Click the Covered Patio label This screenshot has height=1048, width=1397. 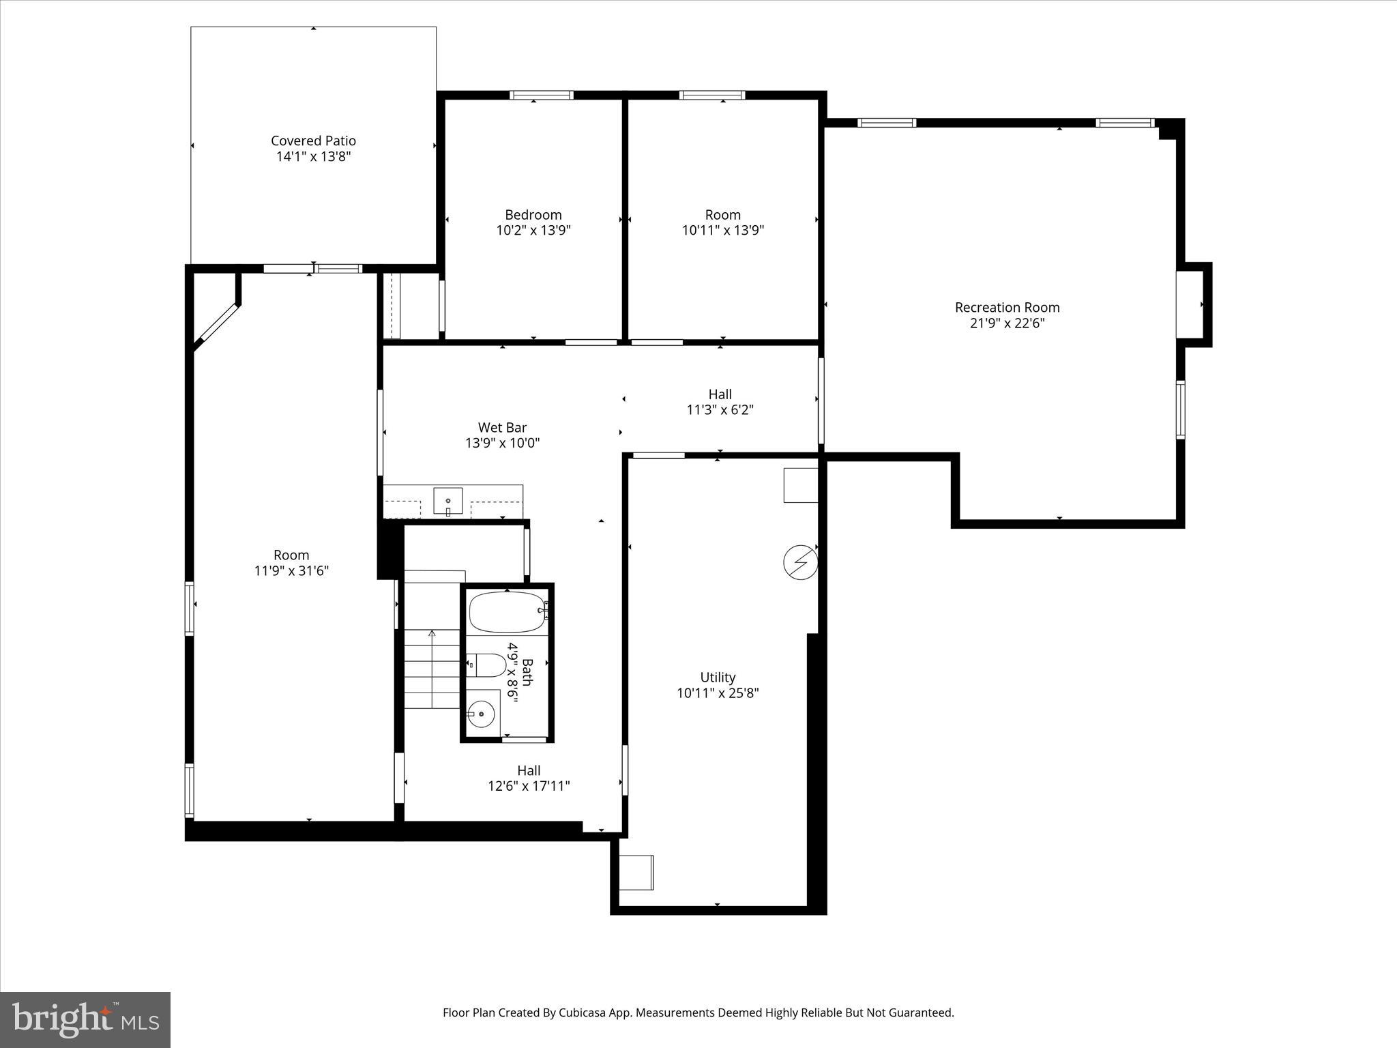313,141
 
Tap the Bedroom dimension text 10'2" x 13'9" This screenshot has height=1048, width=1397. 533,231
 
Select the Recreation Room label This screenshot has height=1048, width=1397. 1007,308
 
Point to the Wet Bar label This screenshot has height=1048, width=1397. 502,428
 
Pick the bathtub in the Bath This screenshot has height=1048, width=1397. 507,612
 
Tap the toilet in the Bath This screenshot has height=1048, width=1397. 488,665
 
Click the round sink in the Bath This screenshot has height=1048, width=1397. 482,714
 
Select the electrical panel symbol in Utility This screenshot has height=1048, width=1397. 799,562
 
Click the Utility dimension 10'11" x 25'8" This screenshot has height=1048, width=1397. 718,693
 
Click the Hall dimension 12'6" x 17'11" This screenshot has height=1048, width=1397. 529,786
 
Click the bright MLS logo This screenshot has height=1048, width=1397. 85,1019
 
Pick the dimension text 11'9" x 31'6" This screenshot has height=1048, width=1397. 291,571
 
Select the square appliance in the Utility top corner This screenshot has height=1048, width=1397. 800,485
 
